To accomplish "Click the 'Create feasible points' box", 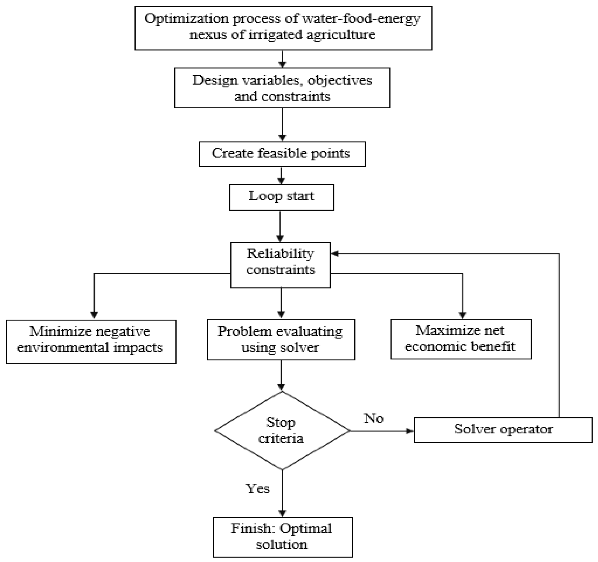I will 282,154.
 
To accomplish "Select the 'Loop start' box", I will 281,197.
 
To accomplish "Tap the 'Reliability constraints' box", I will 280,265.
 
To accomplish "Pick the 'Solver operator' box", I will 503,429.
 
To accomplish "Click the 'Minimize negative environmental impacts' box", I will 91,342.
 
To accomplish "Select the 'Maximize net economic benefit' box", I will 461,339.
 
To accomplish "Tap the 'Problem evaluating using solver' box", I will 281,340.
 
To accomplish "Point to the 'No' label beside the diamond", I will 374,418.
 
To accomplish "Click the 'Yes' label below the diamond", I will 257,488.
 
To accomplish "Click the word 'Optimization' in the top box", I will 186,19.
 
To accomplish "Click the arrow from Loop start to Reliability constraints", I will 280,226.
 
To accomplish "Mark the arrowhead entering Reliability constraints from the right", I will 334,254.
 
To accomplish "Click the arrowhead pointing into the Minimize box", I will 94,315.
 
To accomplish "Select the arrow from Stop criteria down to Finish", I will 282,494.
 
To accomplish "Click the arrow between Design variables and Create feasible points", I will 282,124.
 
